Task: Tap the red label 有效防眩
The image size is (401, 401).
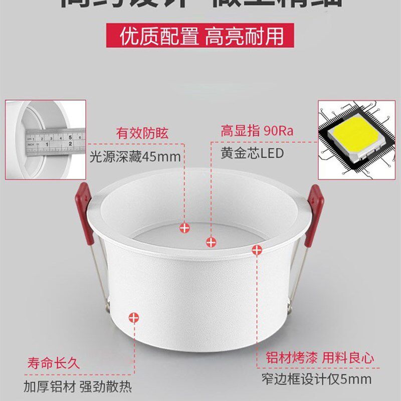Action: coord(142,133)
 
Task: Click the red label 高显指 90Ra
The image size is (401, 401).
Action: coord(256,132)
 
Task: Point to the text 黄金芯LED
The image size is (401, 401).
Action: coord(252,153)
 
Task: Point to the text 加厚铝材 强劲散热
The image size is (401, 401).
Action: coord(77,386)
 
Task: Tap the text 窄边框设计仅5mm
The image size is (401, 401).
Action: coord(316,379)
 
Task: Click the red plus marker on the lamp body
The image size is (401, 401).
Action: coord(134,317)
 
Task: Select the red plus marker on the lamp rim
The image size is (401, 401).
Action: coord(257,250)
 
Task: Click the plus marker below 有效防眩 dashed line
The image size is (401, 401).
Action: coord(185,228)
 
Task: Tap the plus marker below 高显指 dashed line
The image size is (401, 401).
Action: coord(212,242)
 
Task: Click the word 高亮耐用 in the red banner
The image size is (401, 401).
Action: coord(244,36)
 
